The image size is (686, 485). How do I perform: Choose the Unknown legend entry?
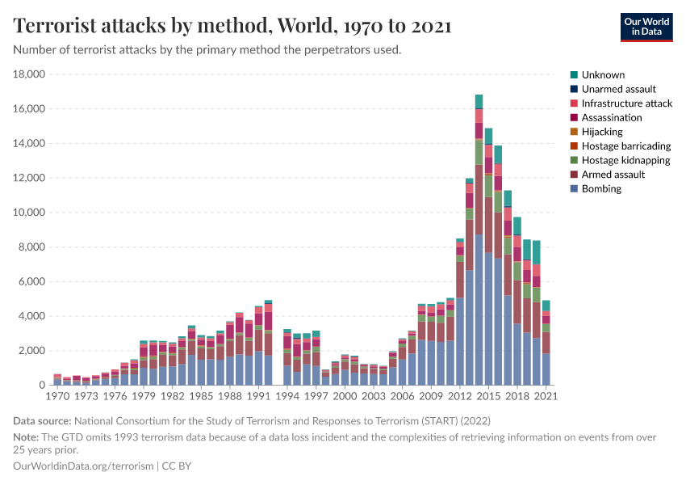(x=603, y=74)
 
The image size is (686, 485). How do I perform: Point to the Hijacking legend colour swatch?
(x=574, y=132)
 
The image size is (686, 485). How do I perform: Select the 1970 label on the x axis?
(x=57, y=398)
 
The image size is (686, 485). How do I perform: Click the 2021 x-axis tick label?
(x=546, y=398)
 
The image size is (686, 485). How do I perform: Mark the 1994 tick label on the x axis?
(x=287, y=398)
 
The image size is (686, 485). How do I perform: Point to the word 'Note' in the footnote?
(x=26, y=436)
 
